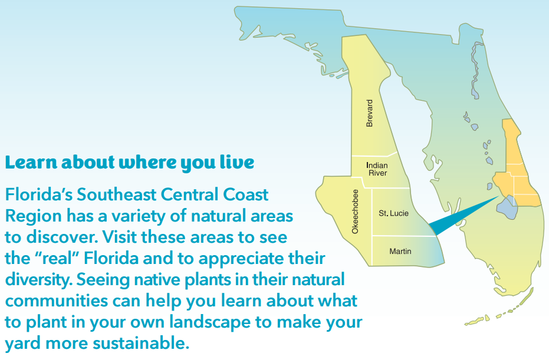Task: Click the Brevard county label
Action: [x=369, y=113]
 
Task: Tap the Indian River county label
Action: [x=377, y=169]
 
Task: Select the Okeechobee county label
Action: [x=355, y=212]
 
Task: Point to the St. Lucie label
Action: [x=393, y=213]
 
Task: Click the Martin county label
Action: [x=400, y=251]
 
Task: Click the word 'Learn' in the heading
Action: [x=31, y=163]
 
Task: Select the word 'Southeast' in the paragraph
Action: [x=117, y=194]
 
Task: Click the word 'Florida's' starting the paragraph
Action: [x=39, y=194]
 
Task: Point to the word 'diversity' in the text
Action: [x=38, y=280]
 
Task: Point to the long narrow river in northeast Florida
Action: [x=475, y=70]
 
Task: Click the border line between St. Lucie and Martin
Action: [x=405, y=236]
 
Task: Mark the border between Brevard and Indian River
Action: [x=374, y=155]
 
